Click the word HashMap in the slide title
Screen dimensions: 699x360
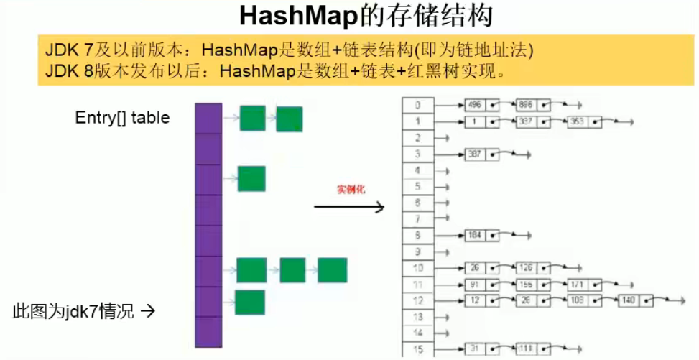[x=299, y=17]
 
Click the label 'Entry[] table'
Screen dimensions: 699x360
[x=122, y=118]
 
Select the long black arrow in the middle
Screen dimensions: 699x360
[x=349, y=208]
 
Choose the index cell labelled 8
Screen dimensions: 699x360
[x=417, y=235]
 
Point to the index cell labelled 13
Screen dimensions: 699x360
[x=417, y=316]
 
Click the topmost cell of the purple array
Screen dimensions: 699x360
[x=208, y=118]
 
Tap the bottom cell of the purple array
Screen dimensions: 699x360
[x=208, y=332]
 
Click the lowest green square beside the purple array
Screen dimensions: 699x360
[x=249, y=302]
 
